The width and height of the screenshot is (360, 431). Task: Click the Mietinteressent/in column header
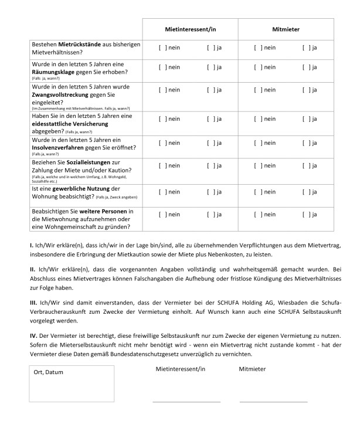click(190, 29)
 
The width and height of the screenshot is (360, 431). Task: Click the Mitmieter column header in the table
click(286, 29)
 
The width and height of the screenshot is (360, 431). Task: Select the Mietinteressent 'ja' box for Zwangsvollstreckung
click(210, 90)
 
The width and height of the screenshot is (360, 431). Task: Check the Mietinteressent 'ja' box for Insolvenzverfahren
click(210, 143)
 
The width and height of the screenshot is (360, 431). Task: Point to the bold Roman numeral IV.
click(33, 335)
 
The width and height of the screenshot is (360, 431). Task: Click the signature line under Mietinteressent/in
click(186, 402)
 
